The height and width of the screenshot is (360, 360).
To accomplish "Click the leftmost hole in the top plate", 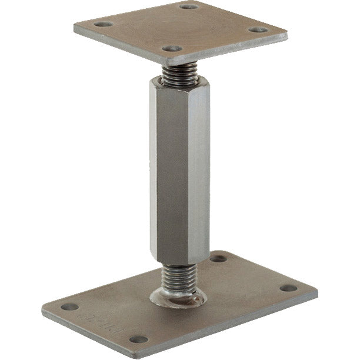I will point(104,25).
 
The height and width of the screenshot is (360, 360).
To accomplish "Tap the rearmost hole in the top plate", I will point(188,6).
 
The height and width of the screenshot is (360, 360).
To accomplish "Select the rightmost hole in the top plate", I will point(254,29).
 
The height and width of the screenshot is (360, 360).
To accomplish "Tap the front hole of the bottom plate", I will point(138,339).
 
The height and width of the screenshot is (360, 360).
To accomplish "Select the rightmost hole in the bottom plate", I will point(288,288).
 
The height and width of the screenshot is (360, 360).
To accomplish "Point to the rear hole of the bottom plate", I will point(217,258).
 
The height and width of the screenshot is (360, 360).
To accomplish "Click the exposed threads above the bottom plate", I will point(179,275).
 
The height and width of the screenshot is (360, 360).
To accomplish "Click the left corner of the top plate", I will point(75,28).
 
